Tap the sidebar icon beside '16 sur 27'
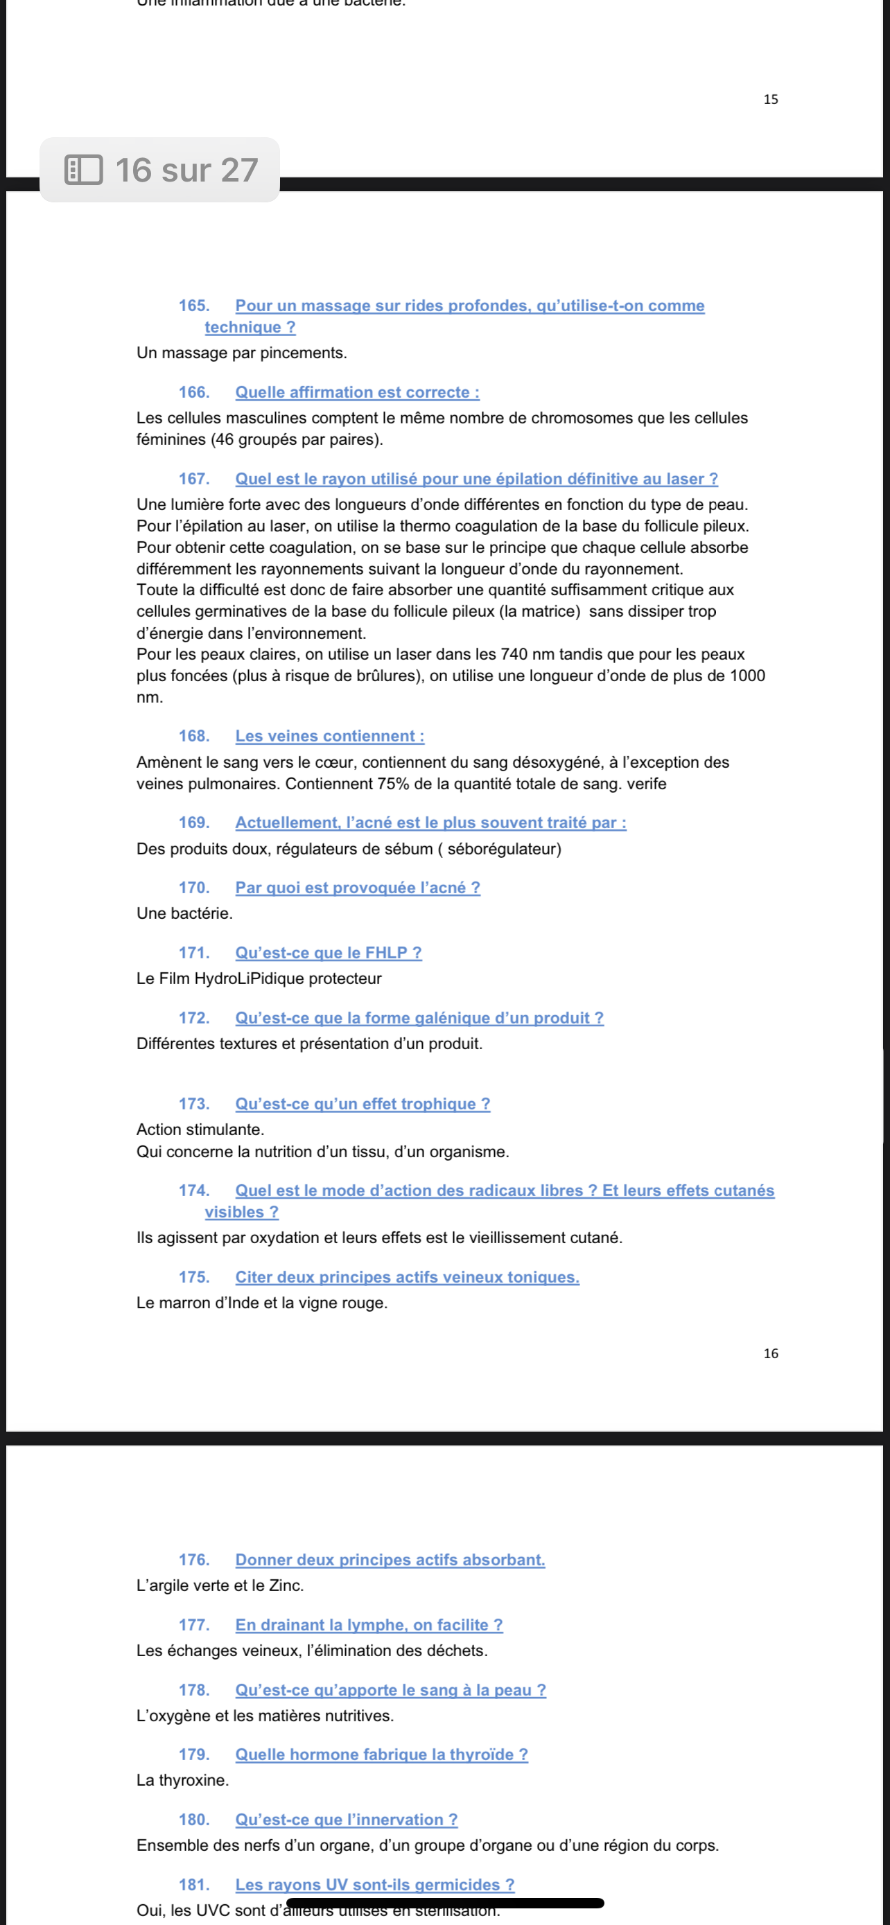[x=84, y=170]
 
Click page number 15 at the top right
[x=771, y=99]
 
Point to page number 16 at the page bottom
[x=771, y=1353]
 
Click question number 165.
[x=193, y=306]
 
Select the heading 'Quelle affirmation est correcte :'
[x=357, y=392]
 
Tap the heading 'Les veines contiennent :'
[x=329, y=736]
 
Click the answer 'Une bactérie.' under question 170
[x=184, y=913]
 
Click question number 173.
[x=193, y=1104]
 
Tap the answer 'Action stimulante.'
[x=200, y=1130]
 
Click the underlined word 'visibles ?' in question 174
[x=241, y=1212]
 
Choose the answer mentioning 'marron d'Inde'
[x=261, y=1303]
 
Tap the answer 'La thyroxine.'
[x=182, y=1781]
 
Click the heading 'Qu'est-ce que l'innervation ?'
[x=346, y=1820]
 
